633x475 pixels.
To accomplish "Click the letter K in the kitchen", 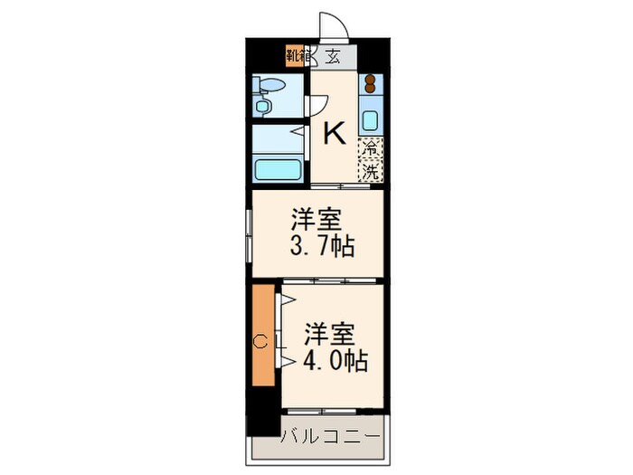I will click(x=335, y=135).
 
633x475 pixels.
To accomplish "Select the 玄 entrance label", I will click(x=333, y=55).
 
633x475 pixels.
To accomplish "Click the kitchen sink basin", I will click(x=371, y=117).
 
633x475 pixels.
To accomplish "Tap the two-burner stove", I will click(x=371, y=87).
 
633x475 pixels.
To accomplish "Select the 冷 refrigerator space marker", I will click(x=371, y=147).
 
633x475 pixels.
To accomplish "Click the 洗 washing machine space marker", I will click(x=371, y=168).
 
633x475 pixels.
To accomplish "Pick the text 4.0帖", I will click(x=335, y=360).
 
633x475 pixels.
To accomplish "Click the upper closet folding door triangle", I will click(x=288, y=299).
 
